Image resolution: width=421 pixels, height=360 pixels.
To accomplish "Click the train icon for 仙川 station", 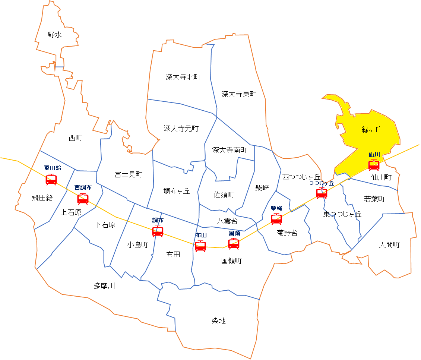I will click(374, 165).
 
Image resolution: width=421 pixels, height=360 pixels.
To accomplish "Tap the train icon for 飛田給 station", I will click(51, 179).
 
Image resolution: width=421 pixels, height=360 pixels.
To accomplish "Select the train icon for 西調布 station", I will click(83, 199).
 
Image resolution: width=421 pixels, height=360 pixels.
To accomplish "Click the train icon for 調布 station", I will click(158, 231).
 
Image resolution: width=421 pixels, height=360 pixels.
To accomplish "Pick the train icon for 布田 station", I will click(200, 246).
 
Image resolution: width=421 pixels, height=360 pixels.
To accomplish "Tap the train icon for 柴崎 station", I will click(276, 219).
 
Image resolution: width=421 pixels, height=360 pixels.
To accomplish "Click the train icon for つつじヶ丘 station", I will click(322, 193).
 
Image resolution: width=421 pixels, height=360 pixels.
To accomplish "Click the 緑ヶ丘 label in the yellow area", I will click(371, 130).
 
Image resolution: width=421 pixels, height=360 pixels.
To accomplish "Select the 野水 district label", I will click(55, 35).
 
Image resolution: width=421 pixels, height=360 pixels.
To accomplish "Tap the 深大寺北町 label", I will click(183, 77).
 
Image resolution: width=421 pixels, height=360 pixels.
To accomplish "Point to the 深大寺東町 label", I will click(239, 94).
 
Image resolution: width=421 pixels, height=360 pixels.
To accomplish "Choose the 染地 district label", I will click(219, 321).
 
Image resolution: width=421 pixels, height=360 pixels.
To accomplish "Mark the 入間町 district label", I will click(389, 245).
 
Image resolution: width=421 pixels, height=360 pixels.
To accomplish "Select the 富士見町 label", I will click(129, 174).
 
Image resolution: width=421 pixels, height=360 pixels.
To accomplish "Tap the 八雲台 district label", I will click(227, 221).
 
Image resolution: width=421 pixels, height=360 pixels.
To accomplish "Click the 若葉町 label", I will click(374, 199).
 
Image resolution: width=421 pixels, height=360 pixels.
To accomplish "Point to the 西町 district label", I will click(76, 138).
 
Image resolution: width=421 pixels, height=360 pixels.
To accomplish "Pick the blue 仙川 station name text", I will click(374, 154).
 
